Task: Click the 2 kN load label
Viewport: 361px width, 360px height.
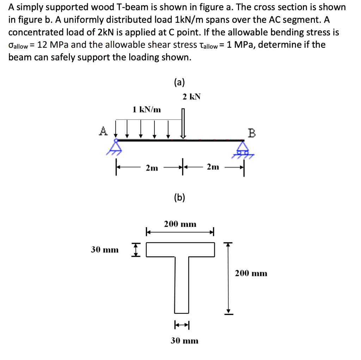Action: click(192, 97)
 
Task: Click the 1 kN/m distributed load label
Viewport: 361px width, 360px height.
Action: click(147, 110)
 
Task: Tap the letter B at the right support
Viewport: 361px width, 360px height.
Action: click(251, 133)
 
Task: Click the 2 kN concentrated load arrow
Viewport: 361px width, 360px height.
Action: click(183, 123)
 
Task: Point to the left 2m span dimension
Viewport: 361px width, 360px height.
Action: click(152, 168)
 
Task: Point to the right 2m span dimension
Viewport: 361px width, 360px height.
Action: click(213, 167)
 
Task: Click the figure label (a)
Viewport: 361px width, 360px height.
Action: click(179, 82)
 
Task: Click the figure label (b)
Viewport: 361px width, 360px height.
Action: click(179, 197)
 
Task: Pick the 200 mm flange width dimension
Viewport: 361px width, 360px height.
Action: click(180, 224)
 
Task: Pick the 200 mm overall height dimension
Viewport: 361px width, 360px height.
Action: click(251, 273)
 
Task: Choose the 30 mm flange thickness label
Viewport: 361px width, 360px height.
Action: click(105, 250)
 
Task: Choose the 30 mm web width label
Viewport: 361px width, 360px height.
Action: click(184, 341)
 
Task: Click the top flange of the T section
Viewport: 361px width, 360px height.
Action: click(180, 249)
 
